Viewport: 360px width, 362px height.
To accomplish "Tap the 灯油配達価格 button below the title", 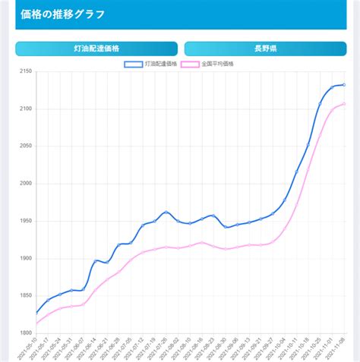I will tap(96, 49).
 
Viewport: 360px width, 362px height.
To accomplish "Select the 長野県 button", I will tap(265, 49).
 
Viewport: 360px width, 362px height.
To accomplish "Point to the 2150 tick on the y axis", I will tap(24, 72).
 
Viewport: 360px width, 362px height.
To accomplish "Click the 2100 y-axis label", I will tap(24, 109).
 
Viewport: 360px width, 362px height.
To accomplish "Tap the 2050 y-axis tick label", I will tap(24, 146).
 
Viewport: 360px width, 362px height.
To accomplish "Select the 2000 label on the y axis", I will tap(24, 184).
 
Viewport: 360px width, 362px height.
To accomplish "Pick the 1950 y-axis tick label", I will tap(24, 221).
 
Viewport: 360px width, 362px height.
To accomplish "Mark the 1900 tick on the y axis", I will tap(24, 259).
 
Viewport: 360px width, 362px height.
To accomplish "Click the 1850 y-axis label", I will tap(24, 296).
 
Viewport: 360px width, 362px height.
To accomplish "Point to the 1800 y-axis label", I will tap(24, 333).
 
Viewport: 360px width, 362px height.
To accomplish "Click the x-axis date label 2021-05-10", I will tap(27, 348).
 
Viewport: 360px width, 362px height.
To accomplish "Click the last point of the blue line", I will tap(344, 85).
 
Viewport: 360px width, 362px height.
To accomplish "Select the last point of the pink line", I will tap(344, 104).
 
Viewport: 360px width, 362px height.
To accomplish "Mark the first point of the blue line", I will tap(36, 313).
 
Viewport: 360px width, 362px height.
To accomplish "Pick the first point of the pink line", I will tap(36, 324).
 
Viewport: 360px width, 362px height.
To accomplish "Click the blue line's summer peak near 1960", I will tap(166, 212).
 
